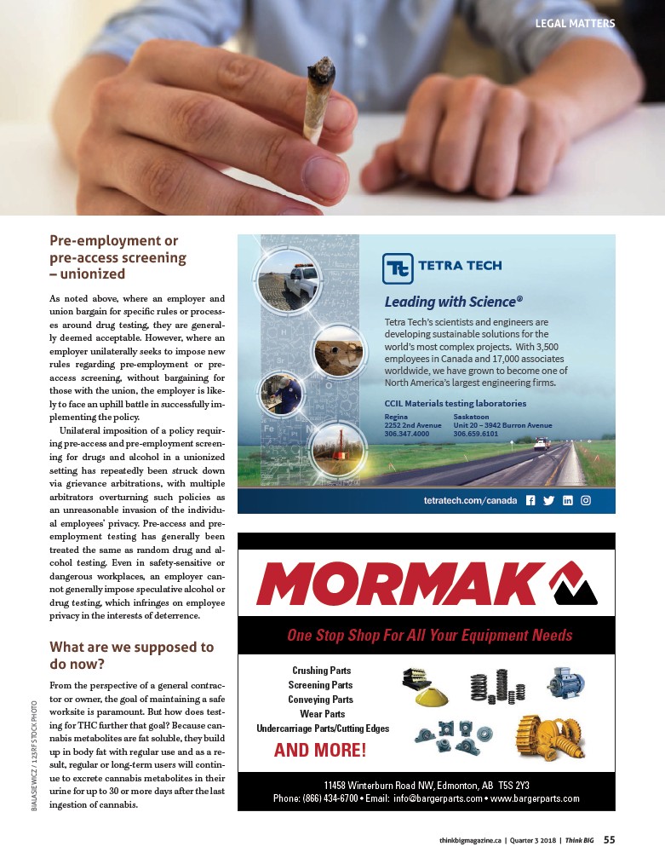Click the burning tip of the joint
click(323, 65)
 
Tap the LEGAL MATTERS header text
click(575, 24)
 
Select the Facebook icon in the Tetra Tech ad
click(530, 500)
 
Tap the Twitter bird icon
click(548, 500)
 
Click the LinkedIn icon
click(567, 500)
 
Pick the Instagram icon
click(586, 500)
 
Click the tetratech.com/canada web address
click(470, 501)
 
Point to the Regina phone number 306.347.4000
click(407, 434)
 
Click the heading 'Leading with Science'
click(453, 302)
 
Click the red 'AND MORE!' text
click(320, 751)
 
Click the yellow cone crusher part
click(433, 696)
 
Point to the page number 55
click(610, 839)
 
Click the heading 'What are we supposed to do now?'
click(131, 655)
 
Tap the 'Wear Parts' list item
click(322, 714)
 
